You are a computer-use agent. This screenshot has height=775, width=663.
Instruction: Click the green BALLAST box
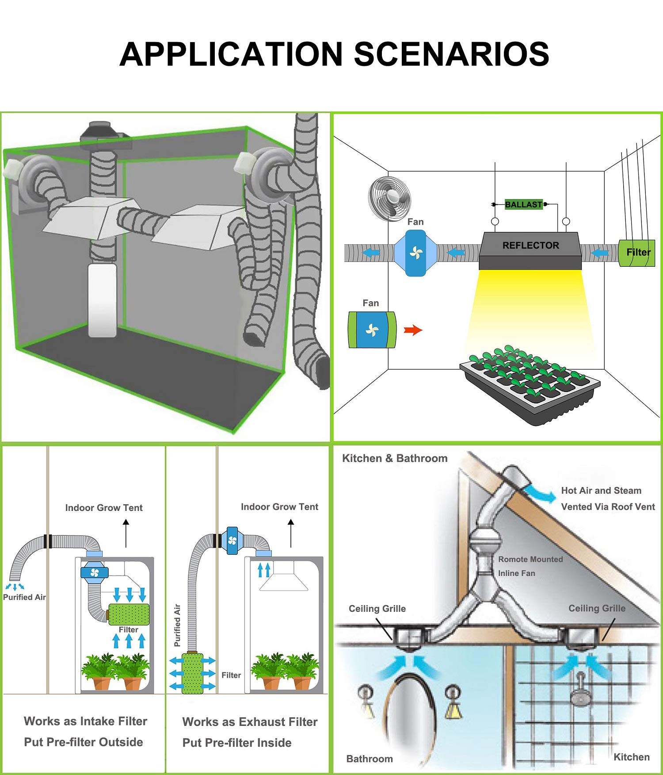click(523, 204)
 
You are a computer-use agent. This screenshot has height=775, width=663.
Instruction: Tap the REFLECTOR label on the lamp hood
click(530, 246)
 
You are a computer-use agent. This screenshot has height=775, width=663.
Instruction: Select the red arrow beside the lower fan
click(413, 330)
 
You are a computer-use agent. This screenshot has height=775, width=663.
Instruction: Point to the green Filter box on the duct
click(636, 253)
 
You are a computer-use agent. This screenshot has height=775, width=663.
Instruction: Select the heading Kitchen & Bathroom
click(395, 458)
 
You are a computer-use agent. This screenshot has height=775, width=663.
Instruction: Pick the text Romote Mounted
click(530, 559)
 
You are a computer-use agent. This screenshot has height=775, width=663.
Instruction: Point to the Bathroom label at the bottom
click(370, 759)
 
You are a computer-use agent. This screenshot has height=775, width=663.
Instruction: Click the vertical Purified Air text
click(178, 625)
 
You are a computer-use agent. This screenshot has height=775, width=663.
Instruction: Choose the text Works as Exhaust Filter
click(250, 722)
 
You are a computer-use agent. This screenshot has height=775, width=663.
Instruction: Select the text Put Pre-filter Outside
click(84, 742)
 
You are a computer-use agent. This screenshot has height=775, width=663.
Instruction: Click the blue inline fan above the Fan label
click(415, 253)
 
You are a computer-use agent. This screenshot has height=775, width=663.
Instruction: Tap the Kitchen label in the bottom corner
click(631, 757)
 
